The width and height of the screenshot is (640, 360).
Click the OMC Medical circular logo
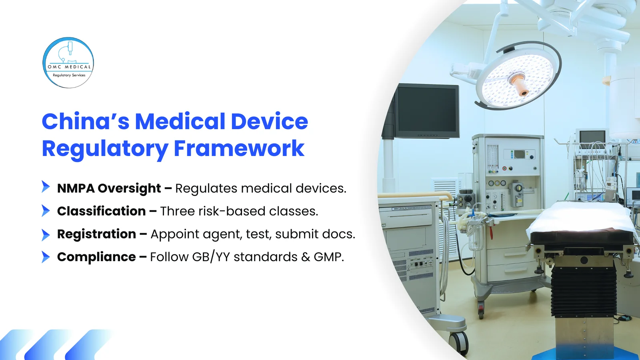tap(68, 63)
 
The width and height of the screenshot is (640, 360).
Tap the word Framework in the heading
tap(239, 148)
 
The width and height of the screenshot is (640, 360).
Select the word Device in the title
tap(269, 121)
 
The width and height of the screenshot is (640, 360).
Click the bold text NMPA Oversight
tap(109, 188)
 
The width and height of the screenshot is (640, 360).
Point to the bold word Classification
tap(101, 211)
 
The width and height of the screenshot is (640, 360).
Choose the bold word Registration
tap(96, 234)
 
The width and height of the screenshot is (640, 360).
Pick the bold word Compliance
tap(96, 257)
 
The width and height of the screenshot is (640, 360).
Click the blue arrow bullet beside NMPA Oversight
tap(46, 187)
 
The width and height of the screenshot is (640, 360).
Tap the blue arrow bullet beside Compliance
tap(46, 257)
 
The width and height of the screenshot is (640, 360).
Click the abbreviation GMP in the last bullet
tap(328, 257)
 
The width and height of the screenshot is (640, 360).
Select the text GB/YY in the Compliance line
tap(211, 257)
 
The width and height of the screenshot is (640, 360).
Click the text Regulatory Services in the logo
tap(69, 75)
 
